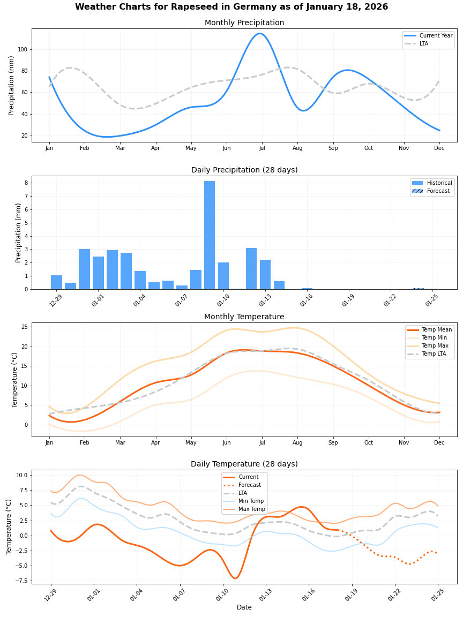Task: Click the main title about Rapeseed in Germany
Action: click(x=231, y=7)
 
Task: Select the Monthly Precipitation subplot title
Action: click(x=244, y=22)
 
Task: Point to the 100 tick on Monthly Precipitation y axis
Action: click(x=24, y=49)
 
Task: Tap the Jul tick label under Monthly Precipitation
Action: click(x=262, y=148)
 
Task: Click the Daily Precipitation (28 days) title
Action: click(x=244, y=170)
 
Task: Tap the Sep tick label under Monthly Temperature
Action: click(x=333, y=442)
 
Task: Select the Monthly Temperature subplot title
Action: click(x=244, y=317)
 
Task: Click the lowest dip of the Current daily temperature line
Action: click(x=235, y=578)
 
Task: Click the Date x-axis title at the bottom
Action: click(x=244, y=607)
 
